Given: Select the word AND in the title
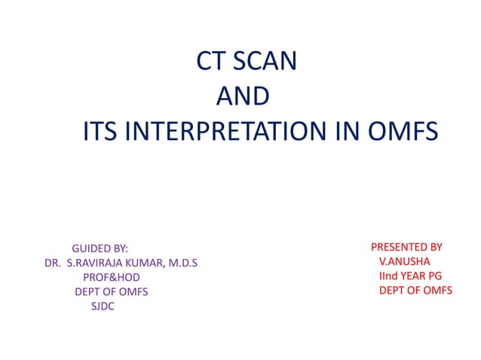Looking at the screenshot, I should (242, 96).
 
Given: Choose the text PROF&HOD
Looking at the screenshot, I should (111, 277).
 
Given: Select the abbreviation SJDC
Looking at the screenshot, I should (103, 306).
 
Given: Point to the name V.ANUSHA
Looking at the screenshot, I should (405, 261).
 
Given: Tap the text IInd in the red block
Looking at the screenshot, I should (388, 276).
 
